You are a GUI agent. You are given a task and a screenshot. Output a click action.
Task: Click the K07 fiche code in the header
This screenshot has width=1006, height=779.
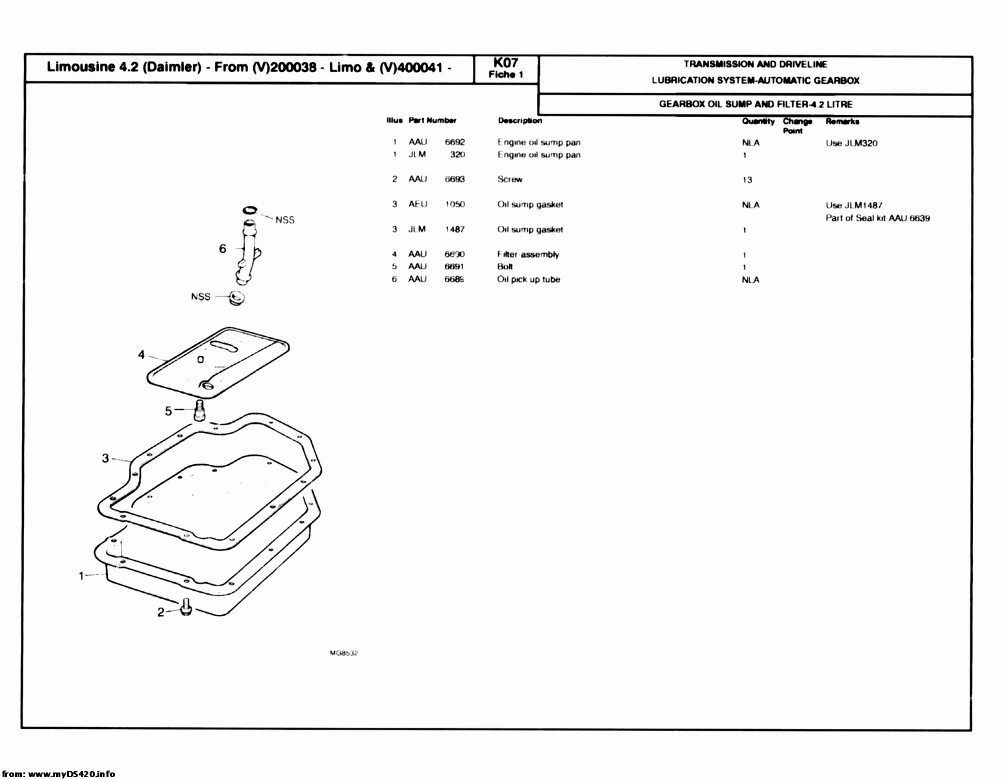505,63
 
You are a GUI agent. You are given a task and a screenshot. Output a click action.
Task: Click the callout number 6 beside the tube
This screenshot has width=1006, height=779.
223,249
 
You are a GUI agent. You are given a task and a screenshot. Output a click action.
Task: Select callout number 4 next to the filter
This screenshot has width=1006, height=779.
141,354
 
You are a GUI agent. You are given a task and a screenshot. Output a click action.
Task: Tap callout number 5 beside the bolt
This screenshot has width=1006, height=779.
168,411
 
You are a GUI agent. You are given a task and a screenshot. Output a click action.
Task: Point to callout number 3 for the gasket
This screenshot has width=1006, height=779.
105,458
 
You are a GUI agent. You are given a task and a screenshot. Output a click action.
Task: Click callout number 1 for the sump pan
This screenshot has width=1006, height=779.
82,575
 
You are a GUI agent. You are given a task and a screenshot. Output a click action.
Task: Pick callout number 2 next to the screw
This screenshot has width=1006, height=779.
160,612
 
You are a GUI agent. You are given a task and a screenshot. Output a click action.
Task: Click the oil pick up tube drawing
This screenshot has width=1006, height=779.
247,253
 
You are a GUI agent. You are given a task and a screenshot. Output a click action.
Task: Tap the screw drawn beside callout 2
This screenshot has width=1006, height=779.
186,608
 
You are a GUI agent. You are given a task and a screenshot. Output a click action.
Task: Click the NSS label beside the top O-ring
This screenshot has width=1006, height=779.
285,220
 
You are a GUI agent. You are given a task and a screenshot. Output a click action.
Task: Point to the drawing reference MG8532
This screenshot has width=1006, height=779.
344,653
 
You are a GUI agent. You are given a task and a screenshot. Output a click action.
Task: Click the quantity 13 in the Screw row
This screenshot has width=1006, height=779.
747,180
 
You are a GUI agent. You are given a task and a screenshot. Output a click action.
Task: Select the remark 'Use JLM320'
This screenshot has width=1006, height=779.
851,143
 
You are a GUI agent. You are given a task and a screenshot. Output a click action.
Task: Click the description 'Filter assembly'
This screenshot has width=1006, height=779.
528,254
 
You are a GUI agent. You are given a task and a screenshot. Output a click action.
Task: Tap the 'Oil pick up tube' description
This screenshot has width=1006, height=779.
529,280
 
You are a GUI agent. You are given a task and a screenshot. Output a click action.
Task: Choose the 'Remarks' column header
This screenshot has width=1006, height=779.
842,121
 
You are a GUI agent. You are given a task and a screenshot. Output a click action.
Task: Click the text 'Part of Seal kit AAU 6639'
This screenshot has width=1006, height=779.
877,218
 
